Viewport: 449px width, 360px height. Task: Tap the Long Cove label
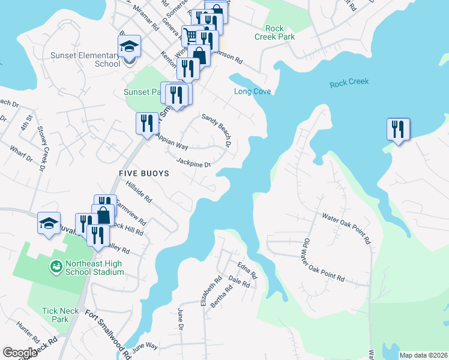(252, 91)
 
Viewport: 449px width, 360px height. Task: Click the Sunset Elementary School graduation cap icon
(129, 47)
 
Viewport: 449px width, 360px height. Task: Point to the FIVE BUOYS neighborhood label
(143, 173)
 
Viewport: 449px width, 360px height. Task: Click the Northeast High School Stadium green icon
(56, 266)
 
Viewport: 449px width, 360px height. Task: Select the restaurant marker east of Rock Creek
(398, 129)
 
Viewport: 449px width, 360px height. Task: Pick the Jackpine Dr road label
(194, 162)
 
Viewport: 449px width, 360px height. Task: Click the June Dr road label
(180, 318)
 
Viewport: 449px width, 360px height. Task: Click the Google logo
(20, 353)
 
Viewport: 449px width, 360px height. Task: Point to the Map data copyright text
(423, 355)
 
